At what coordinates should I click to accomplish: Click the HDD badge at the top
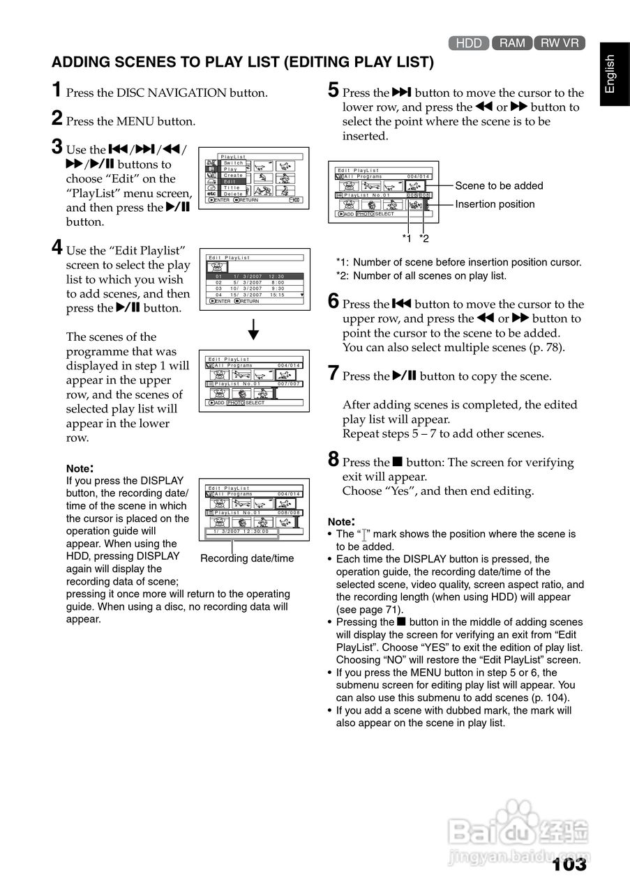[x=469, y=43]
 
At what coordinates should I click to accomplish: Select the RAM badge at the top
[x=512, y=43]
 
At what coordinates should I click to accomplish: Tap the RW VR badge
[x=560, y=43]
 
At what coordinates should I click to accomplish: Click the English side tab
[x=610, y=73]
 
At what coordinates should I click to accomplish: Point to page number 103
[x=569, y=865]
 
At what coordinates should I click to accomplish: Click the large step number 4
[x=57, y=247]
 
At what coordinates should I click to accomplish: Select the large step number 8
[x=333, y=459]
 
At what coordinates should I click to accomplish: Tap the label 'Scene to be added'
[x=499, y=185]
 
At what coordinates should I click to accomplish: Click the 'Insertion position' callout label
[x=495, y=204]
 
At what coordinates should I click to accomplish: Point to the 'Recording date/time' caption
[x=247, y=558]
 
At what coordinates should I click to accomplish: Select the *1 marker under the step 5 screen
[x=407, y=239]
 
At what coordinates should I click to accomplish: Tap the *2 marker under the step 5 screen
[x=424, y=239]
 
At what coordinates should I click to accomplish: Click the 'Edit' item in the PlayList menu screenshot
[x=230, y=181]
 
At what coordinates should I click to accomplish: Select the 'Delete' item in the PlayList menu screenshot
[x=234, y=194]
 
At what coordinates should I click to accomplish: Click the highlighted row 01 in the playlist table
[x=255, y=276]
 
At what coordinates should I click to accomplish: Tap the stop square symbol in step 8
[x=398, y=461]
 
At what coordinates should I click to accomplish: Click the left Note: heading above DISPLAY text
[x=80, y=468]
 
